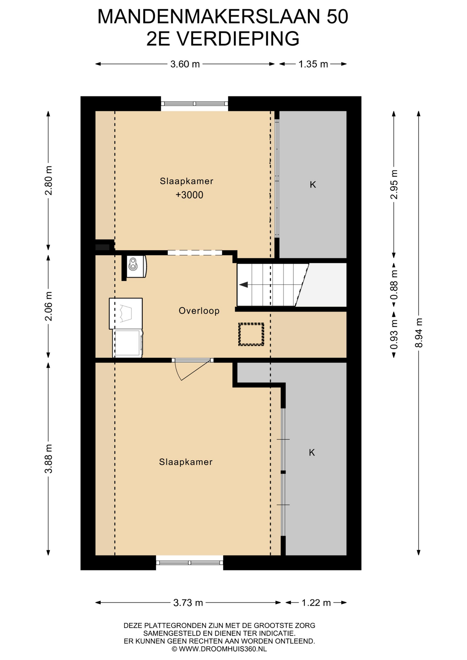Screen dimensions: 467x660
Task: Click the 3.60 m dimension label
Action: [x=185, y=64]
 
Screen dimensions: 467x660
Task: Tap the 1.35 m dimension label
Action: [x=313, y=64]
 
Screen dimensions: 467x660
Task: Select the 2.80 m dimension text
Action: [x=48, y=180]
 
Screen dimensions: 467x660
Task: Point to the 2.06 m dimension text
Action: [x=48, y=306]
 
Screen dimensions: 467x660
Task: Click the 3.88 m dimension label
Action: [x=48, y=459]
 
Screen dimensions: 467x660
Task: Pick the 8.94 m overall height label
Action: [x=419, y=333]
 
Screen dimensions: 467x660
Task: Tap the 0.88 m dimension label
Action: [x=394, y=285]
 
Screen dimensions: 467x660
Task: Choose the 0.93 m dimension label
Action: [x=394, y=334]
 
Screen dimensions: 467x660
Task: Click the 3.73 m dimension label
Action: [x=188, y=603]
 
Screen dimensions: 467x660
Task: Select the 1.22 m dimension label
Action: [x=316, y=603]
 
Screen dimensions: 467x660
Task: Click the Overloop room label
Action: [x=199, y=311]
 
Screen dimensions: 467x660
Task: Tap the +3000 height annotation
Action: [x=189, y=195]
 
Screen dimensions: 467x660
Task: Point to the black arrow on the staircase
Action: [x=243, y=285]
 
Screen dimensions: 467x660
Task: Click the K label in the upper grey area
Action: [x=313, y=185]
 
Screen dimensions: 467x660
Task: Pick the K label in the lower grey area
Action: [x=312, y=452]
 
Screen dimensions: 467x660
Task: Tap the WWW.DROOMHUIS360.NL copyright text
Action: [x=219, y=649]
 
